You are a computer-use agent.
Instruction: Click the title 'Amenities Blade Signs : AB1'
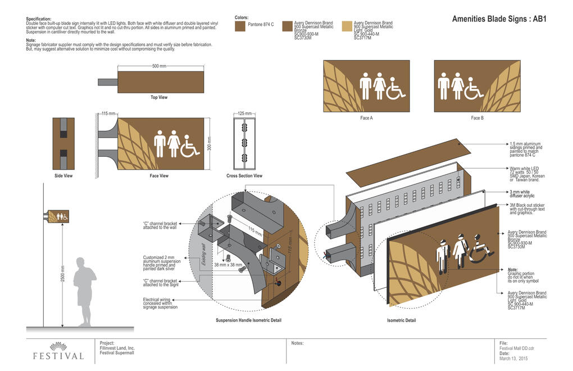pyautogui.click(x=499, y=19)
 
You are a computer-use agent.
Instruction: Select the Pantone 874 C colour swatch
pyautogui.click(x=240, y=25)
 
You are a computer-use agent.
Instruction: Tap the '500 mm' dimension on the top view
pyautogui.click(x=159, y=66)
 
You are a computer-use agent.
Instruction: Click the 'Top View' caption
pyautogui.click(x=159, y=97)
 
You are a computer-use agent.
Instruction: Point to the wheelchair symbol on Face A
pyautogui.click(x=396, y=88)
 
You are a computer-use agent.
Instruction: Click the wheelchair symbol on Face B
pyautogui.click(x=474, y=88)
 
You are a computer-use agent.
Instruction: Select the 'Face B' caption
pyautogui.click(x=477, y=118)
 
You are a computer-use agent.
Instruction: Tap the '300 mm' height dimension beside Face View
pyautogui.click(x=210, y=143)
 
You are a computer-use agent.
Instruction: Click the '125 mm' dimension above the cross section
pyautogui.click(x=244, y=114)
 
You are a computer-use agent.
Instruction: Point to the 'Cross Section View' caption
pyautogui.click(x=244, y=176)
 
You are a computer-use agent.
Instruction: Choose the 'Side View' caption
pyautogui.click(x=63, y=176)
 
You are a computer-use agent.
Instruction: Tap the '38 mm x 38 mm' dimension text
pyautogui.click(x=228, y=264)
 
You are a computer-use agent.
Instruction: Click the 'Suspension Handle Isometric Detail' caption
pyautogui.click(x=248, y=320)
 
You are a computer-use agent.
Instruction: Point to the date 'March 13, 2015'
pyautogui.click(x=513, y=358)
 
